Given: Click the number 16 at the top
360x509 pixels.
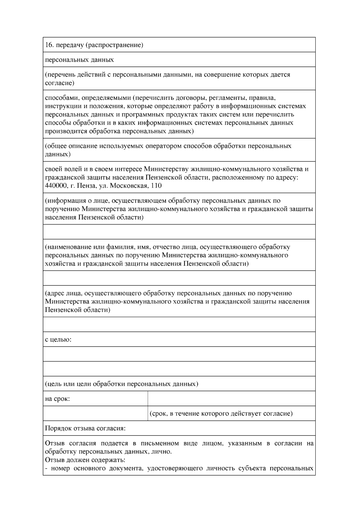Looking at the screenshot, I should [x=48, y=45].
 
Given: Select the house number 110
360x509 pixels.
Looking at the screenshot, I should [x=157, y=186].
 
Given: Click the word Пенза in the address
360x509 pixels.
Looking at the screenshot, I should [x=86, y=186].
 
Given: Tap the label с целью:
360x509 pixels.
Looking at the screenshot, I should [x=58, y=340].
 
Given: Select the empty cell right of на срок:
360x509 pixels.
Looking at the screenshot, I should [x=231, y=399].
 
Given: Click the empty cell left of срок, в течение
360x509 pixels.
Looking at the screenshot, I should [x=95, y=414].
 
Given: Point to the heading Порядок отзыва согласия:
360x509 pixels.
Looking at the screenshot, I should [x=85, y=428].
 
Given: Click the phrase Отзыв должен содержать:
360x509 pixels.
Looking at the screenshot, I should [x=85, y=460].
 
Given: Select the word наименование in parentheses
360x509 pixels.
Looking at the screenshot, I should [x=67, y=247].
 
